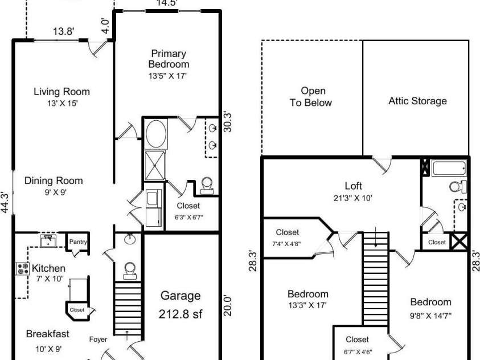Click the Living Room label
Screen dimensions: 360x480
coord(61,92)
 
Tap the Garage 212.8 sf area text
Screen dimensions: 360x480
coord(180,304)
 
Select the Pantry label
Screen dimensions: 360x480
coord(78,242)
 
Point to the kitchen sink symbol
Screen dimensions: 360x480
coord(48,240)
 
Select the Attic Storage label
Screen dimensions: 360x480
coord(417,101)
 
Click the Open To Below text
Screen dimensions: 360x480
coord(313,97)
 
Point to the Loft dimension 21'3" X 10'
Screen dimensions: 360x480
coord(353,198)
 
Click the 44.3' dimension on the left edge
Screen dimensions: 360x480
coord(5,202)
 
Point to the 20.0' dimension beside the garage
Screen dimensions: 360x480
coord(227,304)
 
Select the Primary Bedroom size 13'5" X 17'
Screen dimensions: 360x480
coord(167,75)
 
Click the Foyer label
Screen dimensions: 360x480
coord(98,340)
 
